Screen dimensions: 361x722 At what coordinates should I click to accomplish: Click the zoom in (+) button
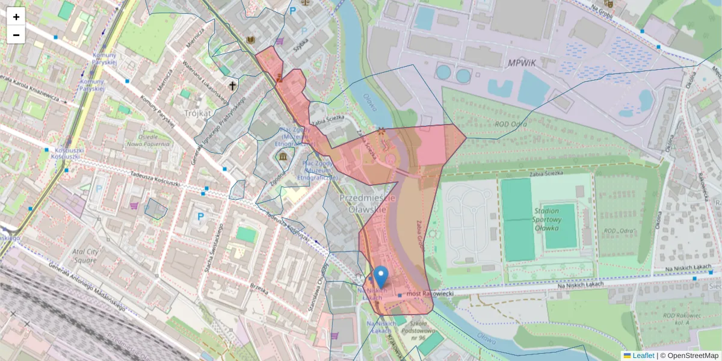tap(16, 17)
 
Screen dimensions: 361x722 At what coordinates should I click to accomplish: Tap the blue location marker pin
tap(380, 277)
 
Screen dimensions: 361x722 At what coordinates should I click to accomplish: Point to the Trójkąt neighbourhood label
tap(198, 113)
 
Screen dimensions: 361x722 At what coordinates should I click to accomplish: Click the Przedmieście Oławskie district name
tap(367, 203)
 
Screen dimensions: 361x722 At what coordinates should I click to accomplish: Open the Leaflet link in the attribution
tap(643, 356)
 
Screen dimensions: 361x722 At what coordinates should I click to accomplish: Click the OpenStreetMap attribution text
tap(691, 356)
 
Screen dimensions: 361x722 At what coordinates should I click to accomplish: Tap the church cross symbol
tap(232, 86)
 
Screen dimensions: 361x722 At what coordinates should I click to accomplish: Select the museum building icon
tap(283, 158)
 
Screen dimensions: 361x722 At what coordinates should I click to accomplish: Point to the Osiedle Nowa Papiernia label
tap(143, 140)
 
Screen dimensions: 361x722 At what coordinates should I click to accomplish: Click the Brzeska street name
tap(259, 288)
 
